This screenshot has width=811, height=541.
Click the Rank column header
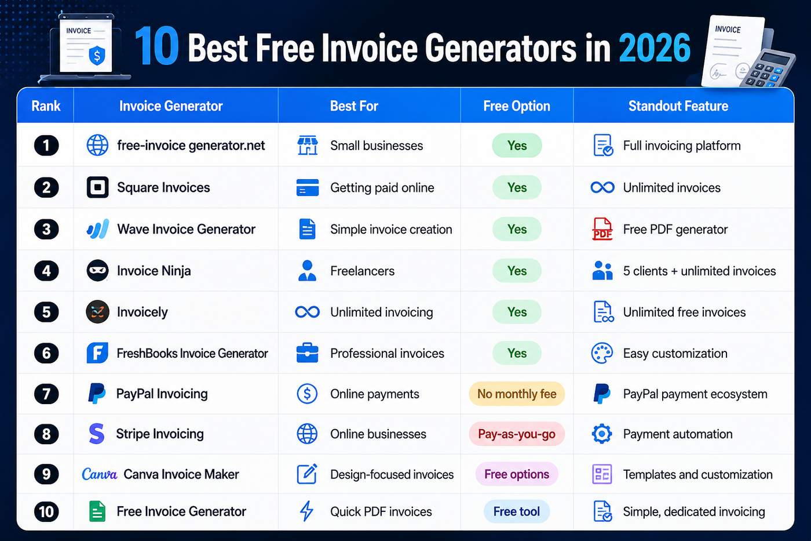point(46,106)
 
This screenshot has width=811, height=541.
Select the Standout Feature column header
point(678,106)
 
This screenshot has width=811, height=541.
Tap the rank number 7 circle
point(46,394)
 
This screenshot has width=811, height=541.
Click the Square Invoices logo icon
point(97,187)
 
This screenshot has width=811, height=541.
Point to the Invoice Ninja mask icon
point(97,270)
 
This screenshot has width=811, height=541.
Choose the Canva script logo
point(100,474)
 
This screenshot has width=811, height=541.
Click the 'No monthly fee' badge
point(517,394)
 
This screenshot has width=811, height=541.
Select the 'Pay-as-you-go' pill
point(517,434)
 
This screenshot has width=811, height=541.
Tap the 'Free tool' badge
point(517,511)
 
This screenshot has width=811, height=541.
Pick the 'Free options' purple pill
point(517,474)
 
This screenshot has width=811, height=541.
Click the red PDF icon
point(602,229)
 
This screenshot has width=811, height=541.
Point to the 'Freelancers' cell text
point(362,271)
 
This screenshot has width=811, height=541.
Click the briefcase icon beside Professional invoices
point(307,353)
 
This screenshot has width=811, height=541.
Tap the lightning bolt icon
point(306,511)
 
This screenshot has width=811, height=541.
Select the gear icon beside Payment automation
point(602,434)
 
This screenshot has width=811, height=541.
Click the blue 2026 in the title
point(655,48)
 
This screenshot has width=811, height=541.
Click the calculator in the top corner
point(767,69)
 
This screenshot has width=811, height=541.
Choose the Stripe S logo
point(97,434)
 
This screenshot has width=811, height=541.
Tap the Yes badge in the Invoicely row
point(517,311)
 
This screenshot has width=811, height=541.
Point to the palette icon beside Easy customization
point(602,353)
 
